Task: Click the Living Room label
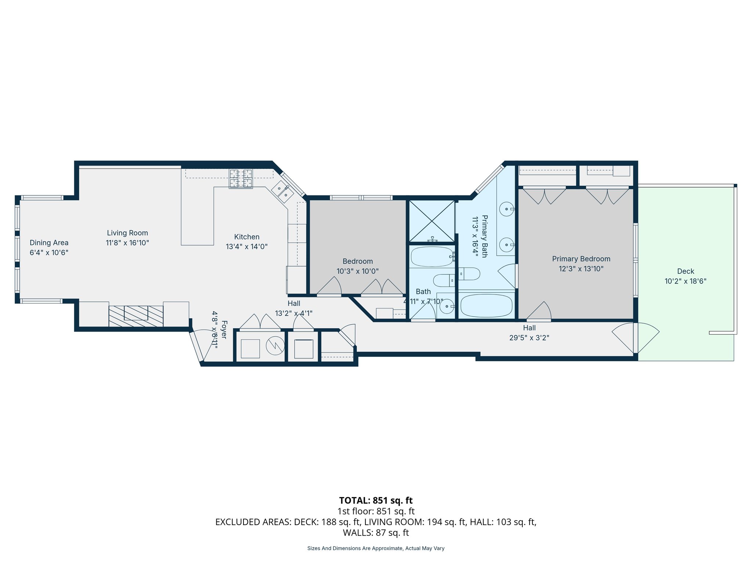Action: [x=127, y=233]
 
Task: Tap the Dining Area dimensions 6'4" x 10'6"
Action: [x=49, y=253]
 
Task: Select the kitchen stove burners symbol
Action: [x=241, y=178]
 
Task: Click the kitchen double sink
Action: [x=282, y=191]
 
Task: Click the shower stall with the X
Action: [x=432, y=221]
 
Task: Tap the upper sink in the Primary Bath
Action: [x=507, y=209]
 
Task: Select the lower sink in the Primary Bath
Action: [x=507, y=245]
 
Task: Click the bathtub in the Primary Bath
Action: [x=487, y=306]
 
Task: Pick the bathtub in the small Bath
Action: [x=432, y=256]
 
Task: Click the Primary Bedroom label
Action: [x=581, y=259]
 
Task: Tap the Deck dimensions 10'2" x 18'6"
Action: [x=685, y=281]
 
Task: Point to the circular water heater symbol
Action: [x=275, y=345]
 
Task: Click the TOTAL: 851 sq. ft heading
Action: [x=376, y=500]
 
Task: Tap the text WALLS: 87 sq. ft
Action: [x=376, y=532]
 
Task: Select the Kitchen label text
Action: [x=247, y=237]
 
